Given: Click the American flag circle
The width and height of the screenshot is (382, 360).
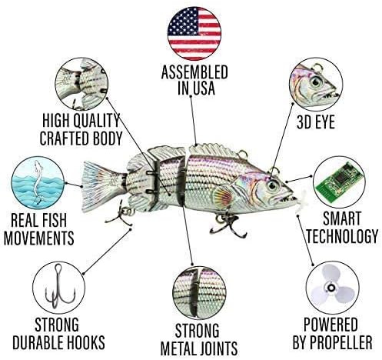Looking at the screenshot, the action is [x=194, y=34].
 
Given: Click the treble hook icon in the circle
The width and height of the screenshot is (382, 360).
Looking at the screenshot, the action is [x=59, y=286].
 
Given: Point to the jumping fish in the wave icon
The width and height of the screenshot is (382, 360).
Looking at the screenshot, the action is [x=38, y=182].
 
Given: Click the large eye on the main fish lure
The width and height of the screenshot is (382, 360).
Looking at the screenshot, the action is [x=272, y=185].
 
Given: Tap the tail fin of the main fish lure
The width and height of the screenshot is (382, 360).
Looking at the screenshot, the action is [x=102, y=186].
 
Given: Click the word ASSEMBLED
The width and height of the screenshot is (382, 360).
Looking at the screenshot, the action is [x=194, y=72].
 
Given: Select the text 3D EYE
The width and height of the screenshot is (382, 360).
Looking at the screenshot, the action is [x=316, y=122].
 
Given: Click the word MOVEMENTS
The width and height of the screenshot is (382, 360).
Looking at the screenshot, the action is [x=39, y=238].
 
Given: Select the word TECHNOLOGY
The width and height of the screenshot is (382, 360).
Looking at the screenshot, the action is [x=342, y=236].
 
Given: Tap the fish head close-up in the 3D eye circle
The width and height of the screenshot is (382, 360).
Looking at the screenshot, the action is [x=317, y=85].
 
